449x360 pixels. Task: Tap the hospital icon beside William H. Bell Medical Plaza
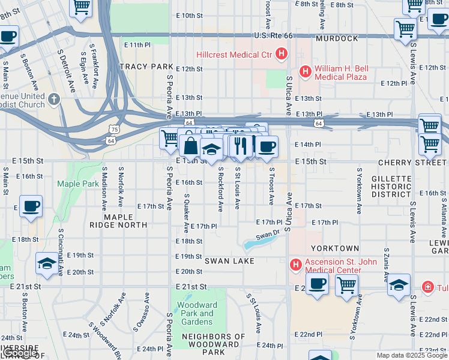point(305,72)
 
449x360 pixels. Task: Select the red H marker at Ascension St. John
point(295,264)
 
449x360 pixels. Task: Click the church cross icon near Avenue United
point(54,99)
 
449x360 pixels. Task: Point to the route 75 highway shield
point(114,128)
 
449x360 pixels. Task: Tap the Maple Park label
point(77,184)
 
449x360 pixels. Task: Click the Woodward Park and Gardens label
point(197,313)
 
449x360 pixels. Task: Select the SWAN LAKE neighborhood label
point(231,261)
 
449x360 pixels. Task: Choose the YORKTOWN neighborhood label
point(334,248)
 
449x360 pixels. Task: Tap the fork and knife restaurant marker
point(240,145)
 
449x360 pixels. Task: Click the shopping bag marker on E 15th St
point(190,146)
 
